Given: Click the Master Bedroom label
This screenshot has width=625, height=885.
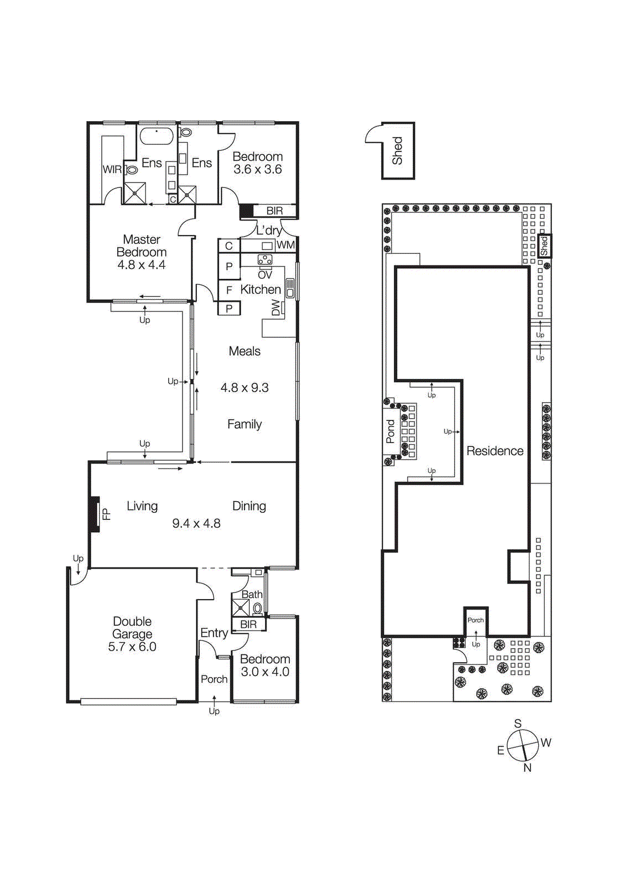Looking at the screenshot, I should coord(142,246).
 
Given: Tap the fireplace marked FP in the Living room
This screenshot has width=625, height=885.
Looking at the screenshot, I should coord(96,514).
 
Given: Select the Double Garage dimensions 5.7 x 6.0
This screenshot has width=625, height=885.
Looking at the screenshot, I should coord(132,647).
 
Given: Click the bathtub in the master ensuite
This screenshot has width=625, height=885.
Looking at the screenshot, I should coord(157,136).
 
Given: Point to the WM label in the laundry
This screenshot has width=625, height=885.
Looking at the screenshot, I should coord(285,245).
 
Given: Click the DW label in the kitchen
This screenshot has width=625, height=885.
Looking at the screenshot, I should coord(276,308).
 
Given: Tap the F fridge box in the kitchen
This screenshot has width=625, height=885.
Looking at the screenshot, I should coord(229,290).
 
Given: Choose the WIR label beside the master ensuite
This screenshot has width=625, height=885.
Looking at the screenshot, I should coord(112,169).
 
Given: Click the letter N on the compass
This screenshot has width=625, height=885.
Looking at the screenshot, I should coord(527,768).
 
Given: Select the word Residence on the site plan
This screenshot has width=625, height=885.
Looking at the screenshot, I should coord(494,451).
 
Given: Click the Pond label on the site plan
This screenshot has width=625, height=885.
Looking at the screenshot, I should coord(390,431).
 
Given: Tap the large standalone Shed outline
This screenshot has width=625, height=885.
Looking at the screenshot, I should coord(398,151).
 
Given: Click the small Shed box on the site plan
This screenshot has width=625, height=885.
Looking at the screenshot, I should coord(544,246).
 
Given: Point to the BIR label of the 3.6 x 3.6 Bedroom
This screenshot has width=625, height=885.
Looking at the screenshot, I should coord(274,211).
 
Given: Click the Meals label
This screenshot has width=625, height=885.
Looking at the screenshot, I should coord(244,351).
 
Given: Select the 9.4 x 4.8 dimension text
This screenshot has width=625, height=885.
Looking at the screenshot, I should coord(196,523).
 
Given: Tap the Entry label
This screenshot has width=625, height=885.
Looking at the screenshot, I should coord(214,633).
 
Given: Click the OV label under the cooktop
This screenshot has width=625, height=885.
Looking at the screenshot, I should coord(265,274).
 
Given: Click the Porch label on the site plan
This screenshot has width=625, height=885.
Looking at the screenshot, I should coord(476,620).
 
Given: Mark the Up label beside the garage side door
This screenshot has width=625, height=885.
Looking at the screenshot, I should coord(78,559).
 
